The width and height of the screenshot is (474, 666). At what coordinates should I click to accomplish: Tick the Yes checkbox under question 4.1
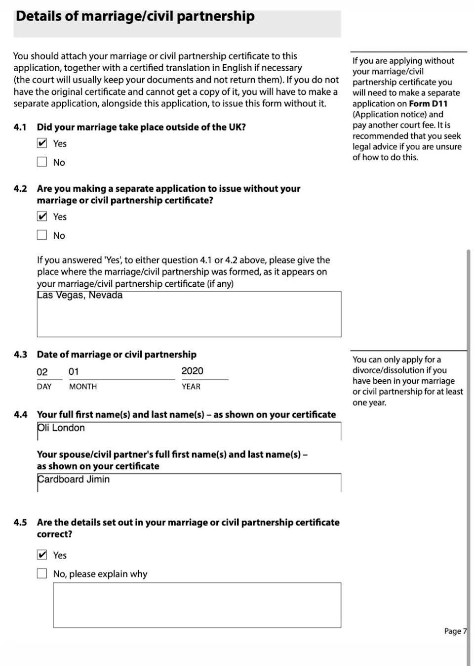(x=42, y=143)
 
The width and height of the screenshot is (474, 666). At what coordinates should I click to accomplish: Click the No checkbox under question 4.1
(x=42, y=162)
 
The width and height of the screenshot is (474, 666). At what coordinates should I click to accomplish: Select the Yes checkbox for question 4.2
(x=42, y=217)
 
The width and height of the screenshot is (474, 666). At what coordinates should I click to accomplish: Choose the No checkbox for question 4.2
(x=42, y=235)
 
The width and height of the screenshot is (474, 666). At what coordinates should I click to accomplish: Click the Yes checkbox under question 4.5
(x=42, y=555)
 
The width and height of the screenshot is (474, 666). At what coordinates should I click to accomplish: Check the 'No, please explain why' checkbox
(x=42, y=574)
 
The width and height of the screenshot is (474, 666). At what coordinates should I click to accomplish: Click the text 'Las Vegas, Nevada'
(x=79, y=295)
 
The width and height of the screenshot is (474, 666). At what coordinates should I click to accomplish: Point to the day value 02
(x=42, y=372)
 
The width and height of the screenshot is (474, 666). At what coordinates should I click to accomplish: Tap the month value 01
(x=74, y=372)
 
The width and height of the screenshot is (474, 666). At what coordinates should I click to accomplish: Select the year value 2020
(x=192, y=371)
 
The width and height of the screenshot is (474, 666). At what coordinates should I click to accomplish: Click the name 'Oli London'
(x=61, y=428)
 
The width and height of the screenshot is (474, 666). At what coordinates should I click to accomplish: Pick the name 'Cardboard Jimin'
(x=74, y=480)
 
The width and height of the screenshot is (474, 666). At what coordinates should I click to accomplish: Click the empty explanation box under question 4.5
(x=197, y=605)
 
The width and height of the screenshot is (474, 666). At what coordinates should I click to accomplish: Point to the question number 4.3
(x=20, y=355)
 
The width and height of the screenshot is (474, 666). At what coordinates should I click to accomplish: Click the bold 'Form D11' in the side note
(x=428, y=103)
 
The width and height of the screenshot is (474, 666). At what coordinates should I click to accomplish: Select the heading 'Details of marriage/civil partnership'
(x=135, y=16)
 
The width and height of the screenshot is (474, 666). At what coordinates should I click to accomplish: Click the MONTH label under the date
(x=83, y=387)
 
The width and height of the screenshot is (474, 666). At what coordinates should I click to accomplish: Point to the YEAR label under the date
(x=191, y=387)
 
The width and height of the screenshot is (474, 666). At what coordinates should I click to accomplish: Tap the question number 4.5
(x=20, y=523)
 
